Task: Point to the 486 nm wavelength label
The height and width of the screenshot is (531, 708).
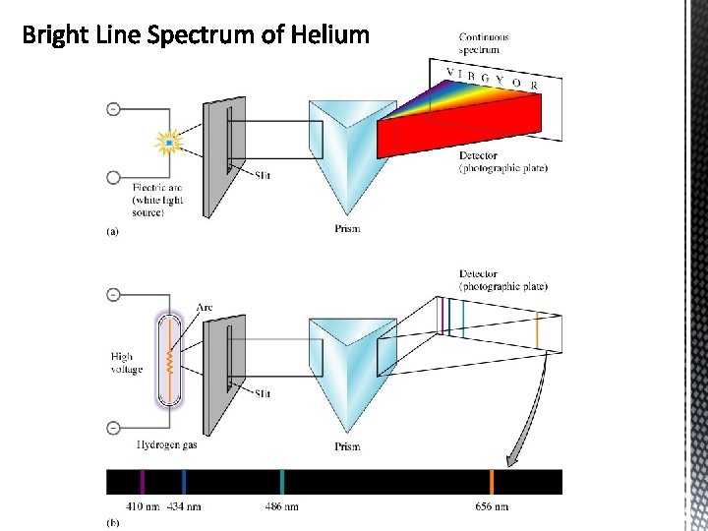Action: click(x=281, y=506)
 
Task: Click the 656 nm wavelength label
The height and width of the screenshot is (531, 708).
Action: click(x=492, y=506)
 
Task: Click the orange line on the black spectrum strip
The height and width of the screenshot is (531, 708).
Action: click(x=492, y=482)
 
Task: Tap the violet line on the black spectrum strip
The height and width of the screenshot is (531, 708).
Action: click(x=144, y=482)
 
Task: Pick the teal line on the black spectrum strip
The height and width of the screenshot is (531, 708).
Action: click(x=282, y=482)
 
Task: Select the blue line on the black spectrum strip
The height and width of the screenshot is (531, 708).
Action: click(x=184, y=482)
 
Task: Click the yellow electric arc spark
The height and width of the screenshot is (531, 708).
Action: click(x=169, y=144)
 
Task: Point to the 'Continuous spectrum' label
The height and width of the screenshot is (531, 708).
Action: click(x=484, y=43)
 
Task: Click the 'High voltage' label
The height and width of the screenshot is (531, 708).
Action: click(x=127, y=363)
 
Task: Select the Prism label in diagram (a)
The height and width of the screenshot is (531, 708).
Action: click(x=347, y=229)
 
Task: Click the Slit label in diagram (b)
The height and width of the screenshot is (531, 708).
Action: click(x=263, y=393)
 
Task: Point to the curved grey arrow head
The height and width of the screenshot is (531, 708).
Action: click(x=512, y=458)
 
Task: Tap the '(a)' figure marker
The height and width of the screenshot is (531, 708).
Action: click(x=112, y=232)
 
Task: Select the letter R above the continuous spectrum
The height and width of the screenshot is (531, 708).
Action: click(x=534, y=86)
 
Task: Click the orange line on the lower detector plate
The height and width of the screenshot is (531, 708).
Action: click(x=537, y=330)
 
